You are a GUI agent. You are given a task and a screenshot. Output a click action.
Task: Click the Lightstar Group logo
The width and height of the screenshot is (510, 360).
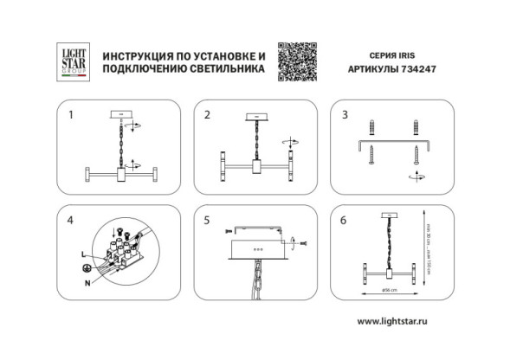(68, 62)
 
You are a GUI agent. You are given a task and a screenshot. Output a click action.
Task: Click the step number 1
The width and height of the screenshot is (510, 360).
(72, 114)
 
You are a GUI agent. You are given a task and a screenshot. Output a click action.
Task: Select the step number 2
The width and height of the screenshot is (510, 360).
(207, 114)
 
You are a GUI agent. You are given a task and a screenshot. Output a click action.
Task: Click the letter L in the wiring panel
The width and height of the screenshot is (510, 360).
(82, 251)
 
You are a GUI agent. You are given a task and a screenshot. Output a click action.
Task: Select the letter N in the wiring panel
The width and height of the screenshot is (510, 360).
(87, 283)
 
